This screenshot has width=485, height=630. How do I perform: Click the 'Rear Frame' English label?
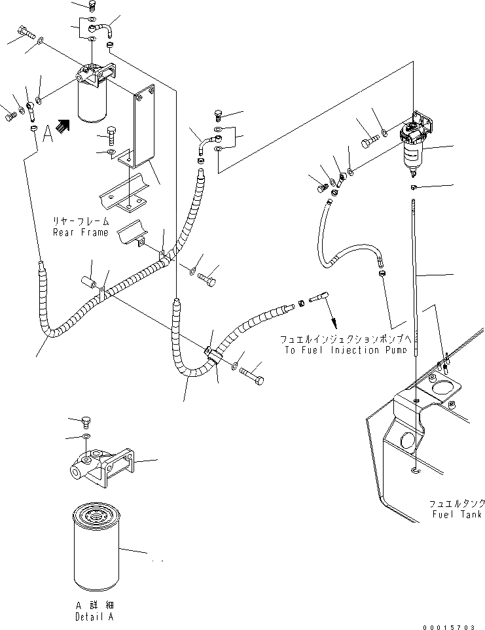coord(80,232)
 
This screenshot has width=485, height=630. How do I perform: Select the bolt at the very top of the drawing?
coord(92,7)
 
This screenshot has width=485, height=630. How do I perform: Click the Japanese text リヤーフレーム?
coord(80,222)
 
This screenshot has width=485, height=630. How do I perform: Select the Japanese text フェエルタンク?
coord(456,504)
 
